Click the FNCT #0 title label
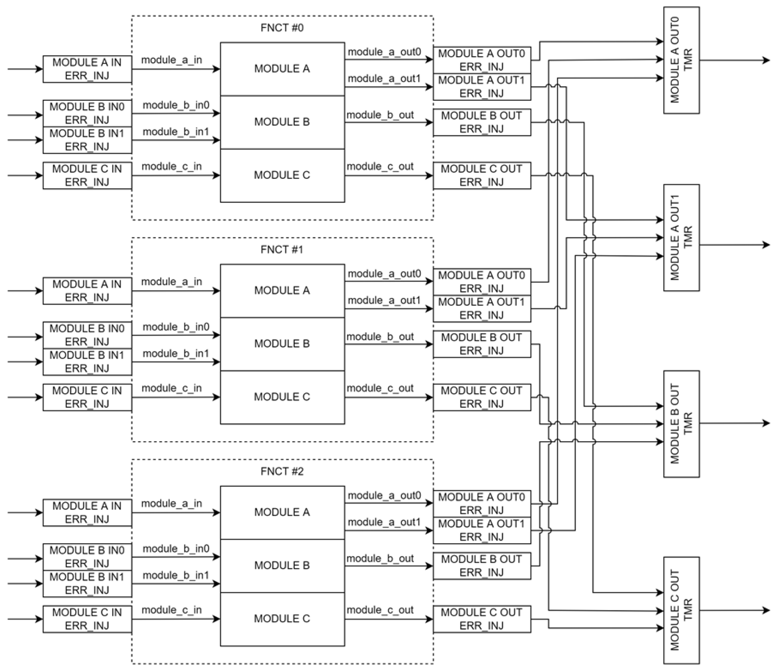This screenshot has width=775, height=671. pyautogui.click(x=282, y=28)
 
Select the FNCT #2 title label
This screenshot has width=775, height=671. pyautogui.click(x=282, y=471)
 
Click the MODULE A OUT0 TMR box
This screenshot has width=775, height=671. pyautogui.click(x=681, y=60)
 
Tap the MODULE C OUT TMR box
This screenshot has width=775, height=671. pyautogui.click(x=681, y=610)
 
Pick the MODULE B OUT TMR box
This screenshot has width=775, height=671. pyautogui.click(x=681, y=424)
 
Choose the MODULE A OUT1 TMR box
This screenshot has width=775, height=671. pyautogui.click(x=681, y=237)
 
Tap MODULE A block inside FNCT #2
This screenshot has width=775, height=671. pyautogui.click(x=282, y=512)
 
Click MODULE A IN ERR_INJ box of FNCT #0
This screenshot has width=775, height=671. pyautogui.click(x=87, y=69)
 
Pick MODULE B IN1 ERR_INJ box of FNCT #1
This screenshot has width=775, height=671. pyautogui.click(x=87, y=362)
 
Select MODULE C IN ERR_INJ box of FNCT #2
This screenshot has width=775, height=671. pyautogui.click(x=87, y=619)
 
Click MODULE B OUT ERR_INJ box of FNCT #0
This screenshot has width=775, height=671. pyautogui.click(x=482, y=122)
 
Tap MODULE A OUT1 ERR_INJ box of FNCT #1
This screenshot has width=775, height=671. pyautogui.click(x=482, y=309)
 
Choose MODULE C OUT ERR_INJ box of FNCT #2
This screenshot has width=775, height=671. pyautogui.click(x=482, y=619)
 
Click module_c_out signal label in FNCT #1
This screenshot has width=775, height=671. pyautogui.click(x=380, y=388)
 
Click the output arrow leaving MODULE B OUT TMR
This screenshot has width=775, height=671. pyautogui.click(x=733, y=424)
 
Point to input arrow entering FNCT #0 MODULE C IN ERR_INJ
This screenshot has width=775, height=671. pyautogui.click(x=25, y=175)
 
